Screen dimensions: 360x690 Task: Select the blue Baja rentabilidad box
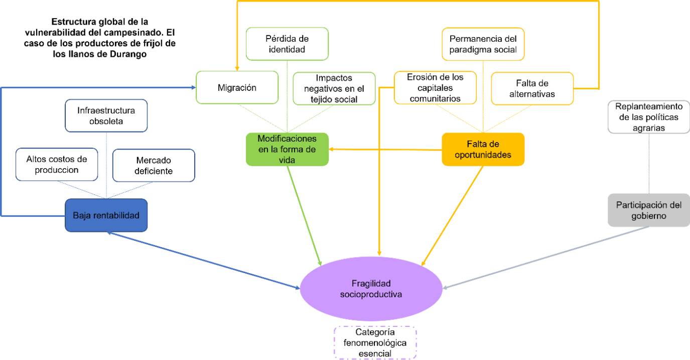[x=106, y=215]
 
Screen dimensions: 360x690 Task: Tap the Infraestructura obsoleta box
[x=106, y=116]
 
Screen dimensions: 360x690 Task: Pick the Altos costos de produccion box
[x=57, y=165]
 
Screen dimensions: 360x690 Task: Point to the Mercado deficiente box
[x=154, y=165]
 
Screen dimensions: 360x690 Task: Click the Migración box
[x=237, y=88]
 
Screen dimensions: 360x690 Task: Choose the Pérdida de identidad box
[x=287, y=44]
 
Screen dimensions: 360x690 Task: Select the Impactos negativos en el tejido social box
[x=334, y=88]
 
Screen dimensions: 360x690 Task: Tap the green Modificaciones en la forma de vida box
[x=287, y=149]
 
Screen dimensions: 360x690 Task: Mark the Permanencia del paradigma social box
[x=483, y=44]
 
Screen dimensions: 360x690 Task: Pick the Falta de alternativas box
[x=532, y=88]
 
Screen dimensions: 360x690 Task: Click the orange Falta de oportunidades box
[x=483, y=149]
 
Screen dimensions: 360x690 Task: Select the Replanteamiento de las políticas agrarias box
[x=649, y=117]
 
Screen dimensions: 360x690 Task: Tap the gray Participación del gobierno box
[x=649, y=209]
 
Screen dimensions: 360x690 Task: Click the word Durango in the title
[x=128, y=55]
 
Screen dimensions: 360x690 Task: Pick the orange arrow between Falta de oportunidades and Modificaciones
[x=385, y=149]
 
